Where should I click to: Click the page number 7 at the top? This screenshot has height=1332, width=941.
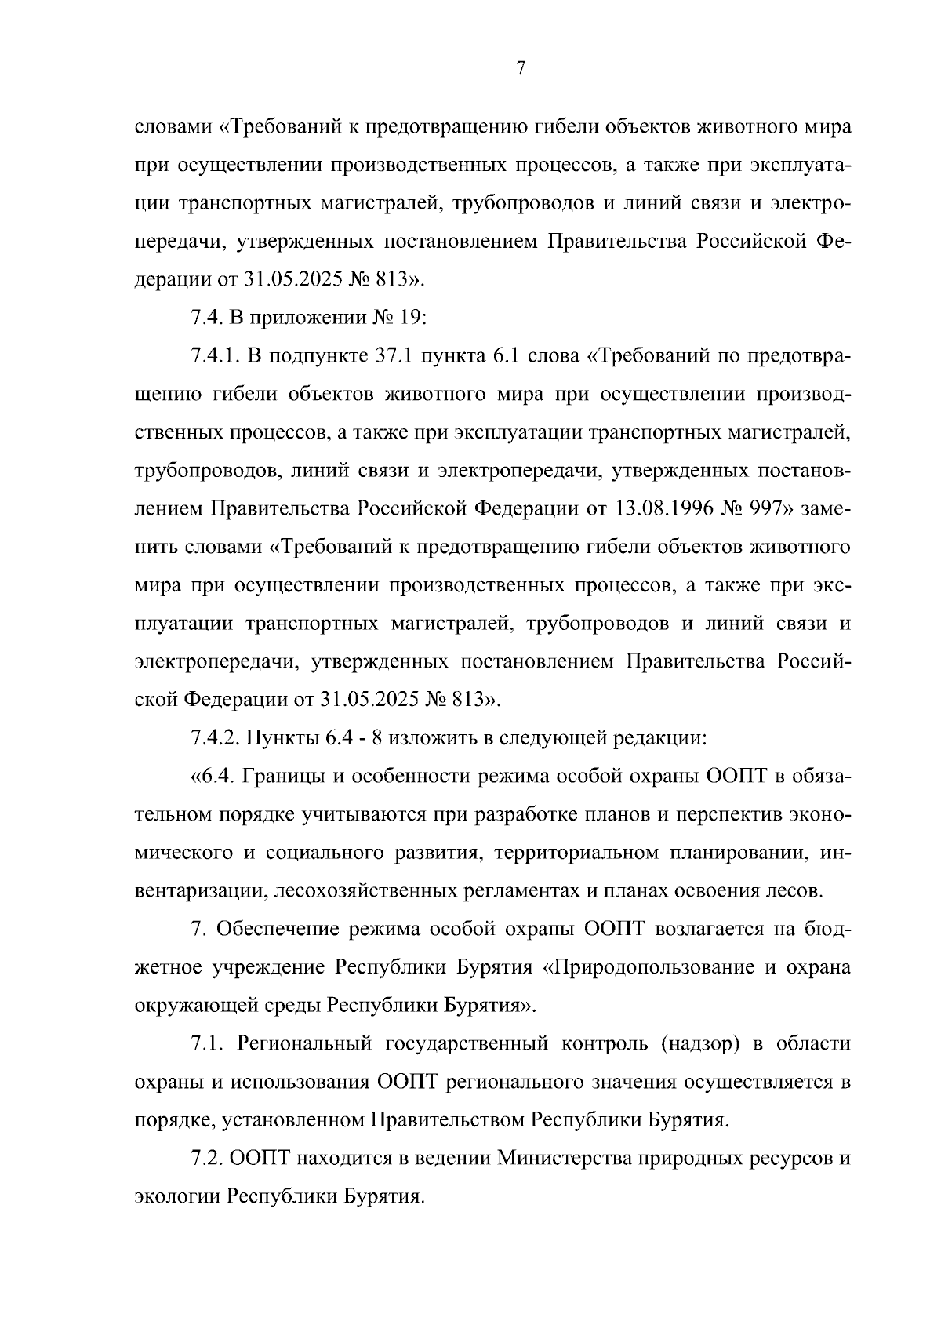pyautogui.click(x=520, y=69)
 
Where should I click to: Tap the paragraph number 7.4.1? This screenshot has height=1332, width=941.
pyautogui.click(x=215, y=356)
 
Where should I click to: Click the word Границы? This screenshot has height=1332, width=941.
pyautogui.click(x=282, y=777)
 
